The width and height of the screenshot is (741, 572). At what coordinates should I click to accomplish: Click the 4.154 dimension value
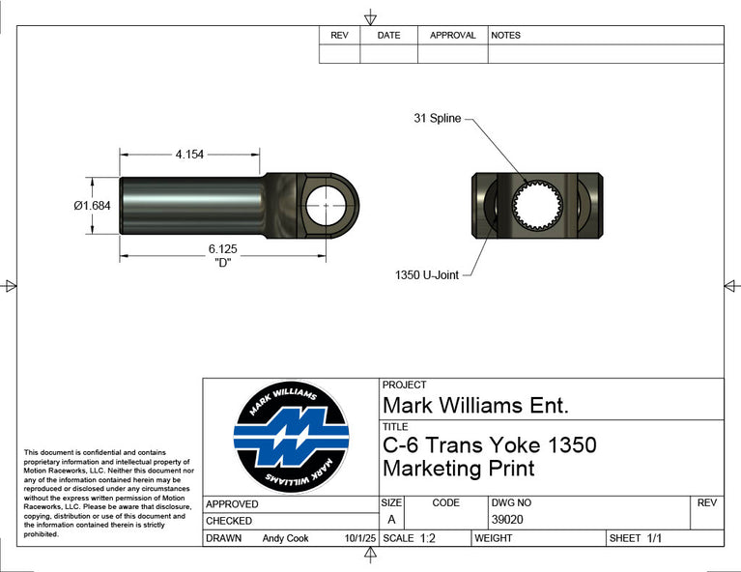[x=189, y=154]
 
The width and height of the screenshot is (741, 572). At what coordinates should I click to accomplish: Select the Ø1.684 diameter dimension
[x=92, y=206]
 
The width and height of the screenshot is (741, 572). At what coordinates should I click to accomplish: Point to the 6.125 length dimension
[x=222, y=248]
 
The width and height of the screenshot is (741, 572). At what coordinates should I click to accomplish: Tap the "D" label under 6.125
[x=222, y=263]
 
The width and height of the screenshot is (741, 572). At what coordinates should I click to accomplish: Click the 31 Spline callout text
[x=437, y=118]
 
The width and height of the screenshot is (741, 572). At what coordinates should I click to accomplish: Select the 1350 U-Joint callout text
[x=427, y=275]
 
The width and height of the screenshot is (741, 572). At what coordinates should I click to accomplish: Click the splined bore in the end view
[x=537, y=206]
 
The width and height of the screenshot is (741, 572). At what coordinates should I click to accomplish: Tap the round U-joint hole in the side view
[x=326, y=206]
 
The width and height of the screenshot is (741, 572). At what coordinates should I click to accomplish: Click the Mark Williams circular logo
[x=291, y=438]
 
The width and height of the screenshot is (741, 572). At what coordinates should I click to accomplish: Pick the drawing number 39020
[x=507, y=520]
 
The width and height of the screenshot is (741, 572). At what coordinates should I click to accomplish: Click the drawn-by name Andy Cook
[x=285, y=538]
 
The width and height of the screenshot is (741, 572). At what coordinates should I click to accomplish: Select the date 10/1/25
[x=360, y=538]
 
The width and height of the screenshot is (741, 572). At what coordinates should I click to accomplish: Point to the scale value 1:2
[x=428, y=538]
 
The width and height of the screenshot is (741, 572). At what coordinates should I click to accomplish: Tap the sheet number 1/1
[x=654, y=538]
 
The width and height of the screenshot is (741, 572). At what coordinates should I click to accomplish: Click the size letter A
[x=391, y=520]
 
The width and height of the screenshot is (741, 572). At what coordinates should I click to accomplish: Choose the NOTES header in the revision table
[x=505, y=36]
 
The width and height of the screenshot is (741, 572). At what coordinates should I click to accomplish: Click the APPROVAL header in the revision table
[x=453, y=36]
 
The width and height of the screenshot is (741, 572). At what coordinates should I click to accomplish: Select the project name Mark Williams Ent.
[x=475, y=406]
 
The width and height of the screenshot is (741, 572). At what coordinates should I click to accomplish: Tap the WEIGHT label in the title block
[x=494, y=538]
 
